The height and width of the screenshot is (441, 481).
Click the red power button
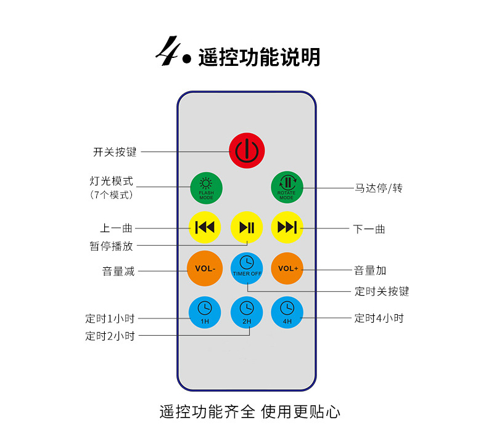coord(247,150)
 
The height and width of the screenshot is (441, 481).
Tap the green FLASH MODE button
coord(206,188)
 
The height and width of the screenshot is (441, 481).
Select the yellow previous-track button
coord(205,227)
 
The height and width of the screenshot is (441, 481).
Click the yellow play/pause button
coord(247,227)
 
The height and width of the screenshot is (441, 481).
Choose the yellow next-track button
coord(287,227)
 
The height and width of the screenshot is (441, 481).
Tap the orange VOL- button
coord(205,269)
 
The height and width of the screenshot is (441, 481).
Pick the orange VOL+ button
coord(287,269)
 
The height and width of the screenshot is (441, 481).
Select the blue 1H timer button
coord(205,312)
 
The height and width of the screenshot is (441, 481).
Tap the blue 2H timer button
coord(247,312)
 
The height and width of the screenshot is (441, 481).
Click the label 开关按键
coord(115,152)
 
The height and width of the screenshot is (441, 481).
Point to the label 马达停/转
coord(378,188)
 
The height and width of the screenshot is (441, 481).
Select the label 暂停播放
coord(111,246)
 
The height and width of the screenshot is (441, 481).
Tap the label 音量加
coord(370,270)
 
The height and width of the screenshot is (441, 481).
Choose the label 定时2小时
coord(110,336)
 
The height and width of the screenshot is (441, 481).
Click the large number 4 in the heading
coord(166,52)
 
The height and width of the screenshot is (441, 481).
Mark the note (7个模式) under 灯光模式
coord(112,195)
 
